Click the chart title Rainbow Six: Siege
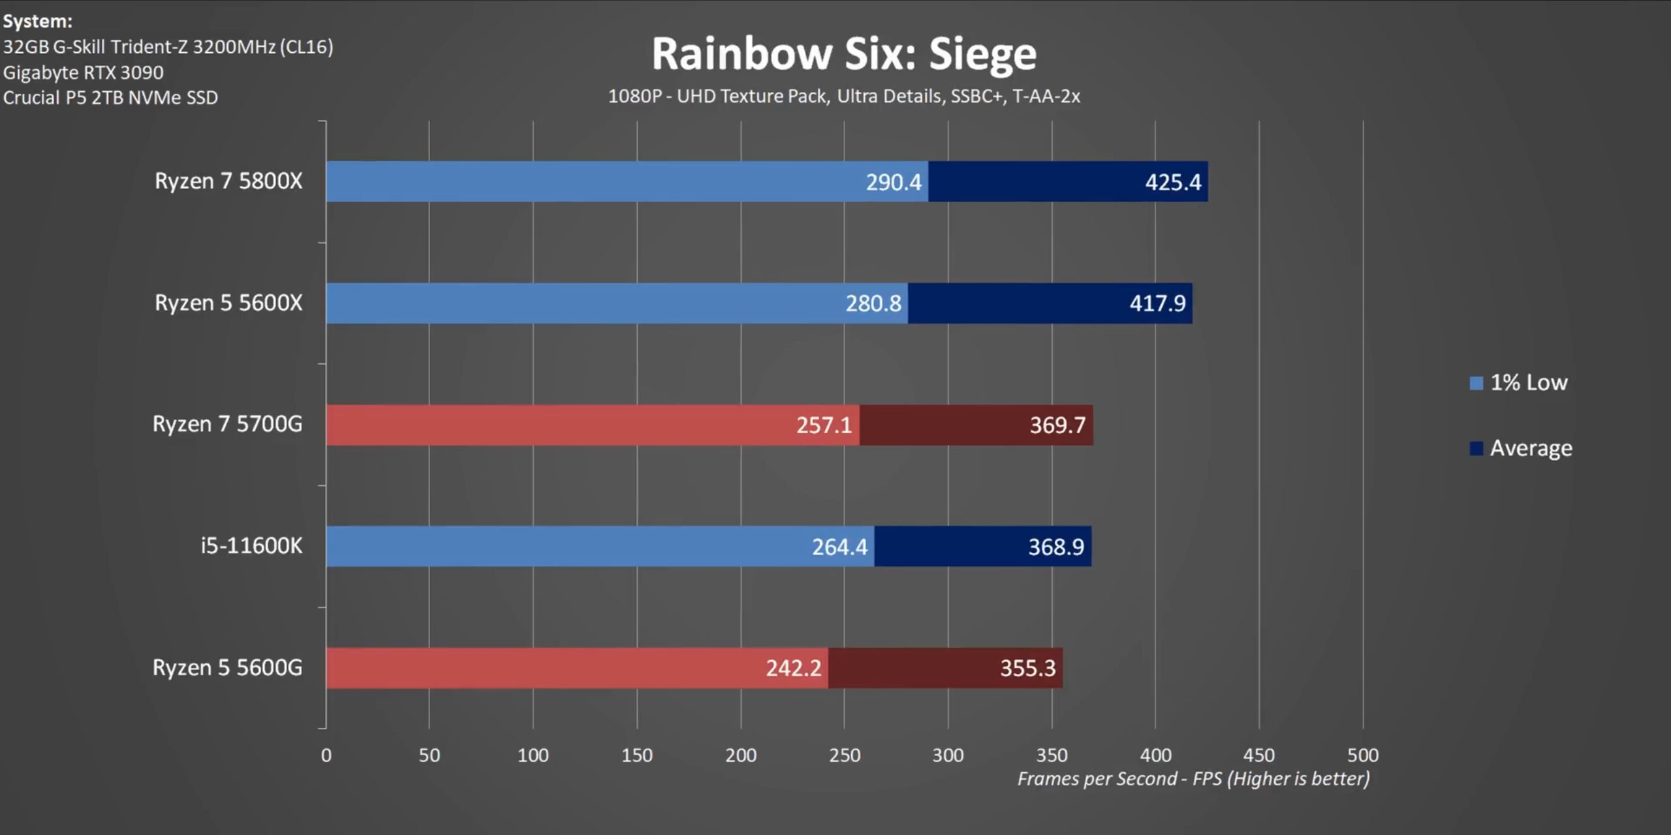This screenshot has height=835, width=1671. coord(843,53)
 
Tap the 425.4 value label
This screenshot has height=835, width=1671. coord(1172,182)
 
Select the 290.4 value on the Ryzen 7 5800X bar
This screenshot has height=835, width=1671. coord(893,182)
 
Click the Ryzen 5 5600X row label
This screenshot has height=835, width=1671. coord(228,303)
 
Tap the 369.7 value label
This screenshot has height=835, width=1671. coord(1057,425)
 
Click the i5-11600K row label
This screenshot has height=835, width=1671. coord(251,546)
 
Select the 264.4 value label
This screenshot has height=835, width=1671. coord(839,547)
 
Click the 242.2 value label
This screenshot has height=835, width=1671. coord(793,668)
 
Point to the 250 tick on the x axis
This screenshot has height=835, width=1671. coord(844,755)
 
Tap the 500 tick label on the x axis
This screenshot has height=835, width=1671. coord(1363,755)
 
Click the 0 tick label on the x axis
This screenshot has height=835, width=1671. coord(326,755)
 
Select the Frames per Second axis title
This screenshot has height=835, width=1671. coord(1193,779)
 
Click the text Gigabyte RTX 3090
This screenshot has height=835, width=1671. coord(84,72)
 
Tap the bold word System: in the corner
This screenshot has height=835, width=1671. coord(38,22)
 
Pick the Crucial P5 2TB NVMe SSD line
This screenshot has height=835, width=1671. coord(110,98)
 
